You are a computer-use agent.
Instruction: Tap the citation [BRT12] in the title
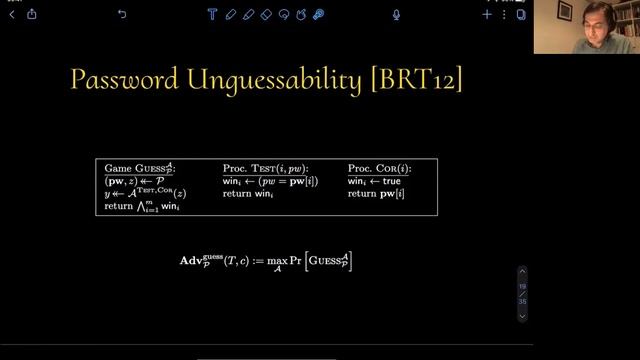[416, 80]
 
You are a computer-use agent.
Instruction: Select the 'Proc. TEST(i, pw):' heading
[265, 168]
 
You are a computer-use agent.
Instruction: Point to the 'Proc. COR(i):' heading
[379, 168]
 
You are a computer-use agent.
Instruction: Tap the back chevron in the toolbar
[12, 14]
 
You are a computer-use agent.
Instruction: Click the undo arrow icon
[122, 14]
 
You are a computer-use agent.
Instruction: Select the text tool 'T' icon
[212, 14]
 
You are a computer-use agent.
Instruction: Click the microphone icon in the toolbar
[397, 14]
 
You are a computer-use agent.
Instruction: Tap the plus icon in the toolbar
[487, 14]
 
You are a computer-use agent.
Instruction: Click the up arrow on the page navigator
[521, 271]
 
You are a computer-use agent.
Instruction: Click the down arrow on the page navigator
[521, 316]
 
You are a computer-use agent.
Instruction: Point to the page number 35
[521, 301]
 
